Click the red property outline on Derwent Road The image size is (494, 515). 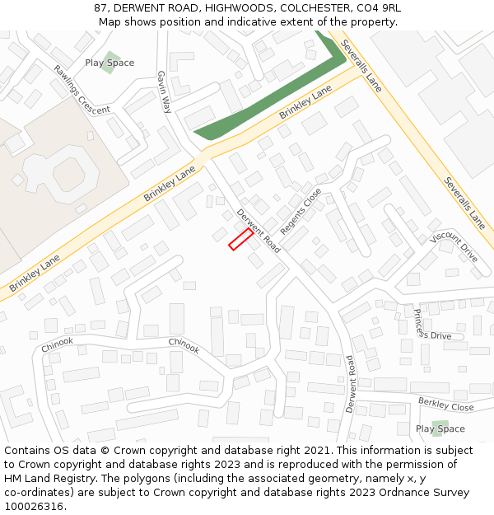click(x=240, y=239)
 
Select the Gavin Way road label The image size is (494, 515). click(x=165, y=91)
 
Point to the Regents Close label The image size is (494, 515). click(x=301, y=210)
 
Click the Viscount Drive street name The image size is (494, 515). click(x=454, y=247)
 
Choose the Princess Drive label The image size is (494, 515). click(x=432, y=325)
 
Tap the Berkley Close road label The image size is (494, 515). click(x=445, y=404)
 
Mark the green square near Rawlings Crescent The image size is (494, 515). click(x=108, y=63)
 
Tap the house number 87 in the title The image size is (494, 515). click(x=101, y=7)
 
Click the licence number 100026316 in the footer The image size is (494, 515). click(x=35, y=507)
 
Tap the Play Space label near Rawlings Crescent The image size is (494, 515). click(x=110, y=63)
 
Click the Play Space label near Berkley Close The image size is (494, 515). click(x=440, y=428)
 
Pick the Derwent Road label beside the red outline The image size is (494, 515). click(x=259, y=231)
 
